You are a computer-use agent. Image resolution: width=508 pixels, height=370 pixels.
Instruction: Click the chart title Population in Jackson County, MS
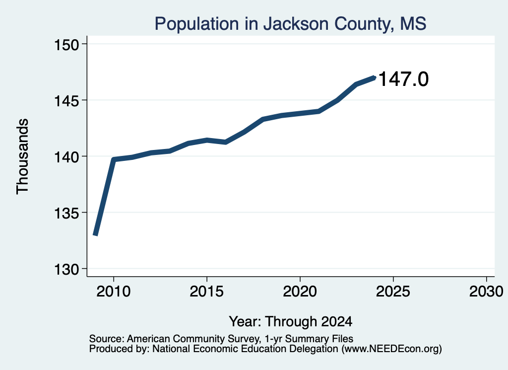pyautogui.click(x=290, y=24)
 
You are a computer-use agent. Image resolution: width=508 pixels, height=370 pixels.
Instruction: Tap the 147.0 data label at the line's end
pyautogui.click(x=403, y=79)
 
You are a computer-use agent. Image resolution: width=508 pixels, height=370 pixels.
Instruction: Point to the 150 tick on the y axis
pyautogui.click(x=66, y=44)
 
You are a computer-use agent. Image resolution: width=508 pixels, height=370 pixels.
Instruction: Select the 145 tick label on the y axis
pyautogui.click(x=66, y=100)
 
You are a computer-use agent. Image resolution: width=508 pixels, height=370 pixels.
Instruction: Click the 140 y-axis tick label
pyautogui.click(x=66, y=157)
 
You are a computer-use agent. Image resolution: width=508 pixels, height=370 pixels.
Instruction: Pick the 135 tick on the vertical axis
pyautogui.click(x=66, y=213)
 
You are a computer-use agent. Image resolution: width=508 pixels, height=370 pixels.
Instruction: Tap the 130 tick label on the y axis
pyautogui.click(x=66, y=270)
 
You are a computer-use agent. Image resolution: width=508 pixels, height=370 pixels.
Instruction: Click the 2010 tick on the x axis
pyautogui.click(x=114, y=292)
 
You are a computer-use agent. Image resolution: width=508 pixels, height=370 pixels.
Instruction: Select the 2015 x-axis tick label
pyautogui.click(x=207, y=292)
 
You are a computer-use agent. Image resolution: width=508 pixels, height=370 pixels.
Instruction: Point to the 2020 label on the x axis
pyautogui.click(x=300, y=292)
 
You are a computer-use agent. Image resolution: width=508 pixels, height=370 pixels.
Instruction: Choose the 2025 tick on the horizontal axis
pyautogui.click(x=393, y=292)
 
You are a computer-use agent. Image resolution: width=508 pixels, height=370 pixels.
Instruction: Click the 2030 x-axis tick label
pyautogui.click(x=486, y=292)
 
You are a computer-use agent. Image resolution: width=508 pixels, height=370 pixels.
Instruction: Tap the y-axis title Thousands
pyautogui.click(x=23, y=156)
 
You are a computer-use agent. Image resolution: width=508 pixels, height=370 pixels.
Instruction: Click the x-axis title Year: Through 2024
pyautogui.click(x=291, y=322)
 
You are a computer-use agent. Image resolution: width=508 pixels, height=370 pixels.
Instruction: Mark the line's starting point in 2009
pyautogui.click(x=95, y=234)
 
